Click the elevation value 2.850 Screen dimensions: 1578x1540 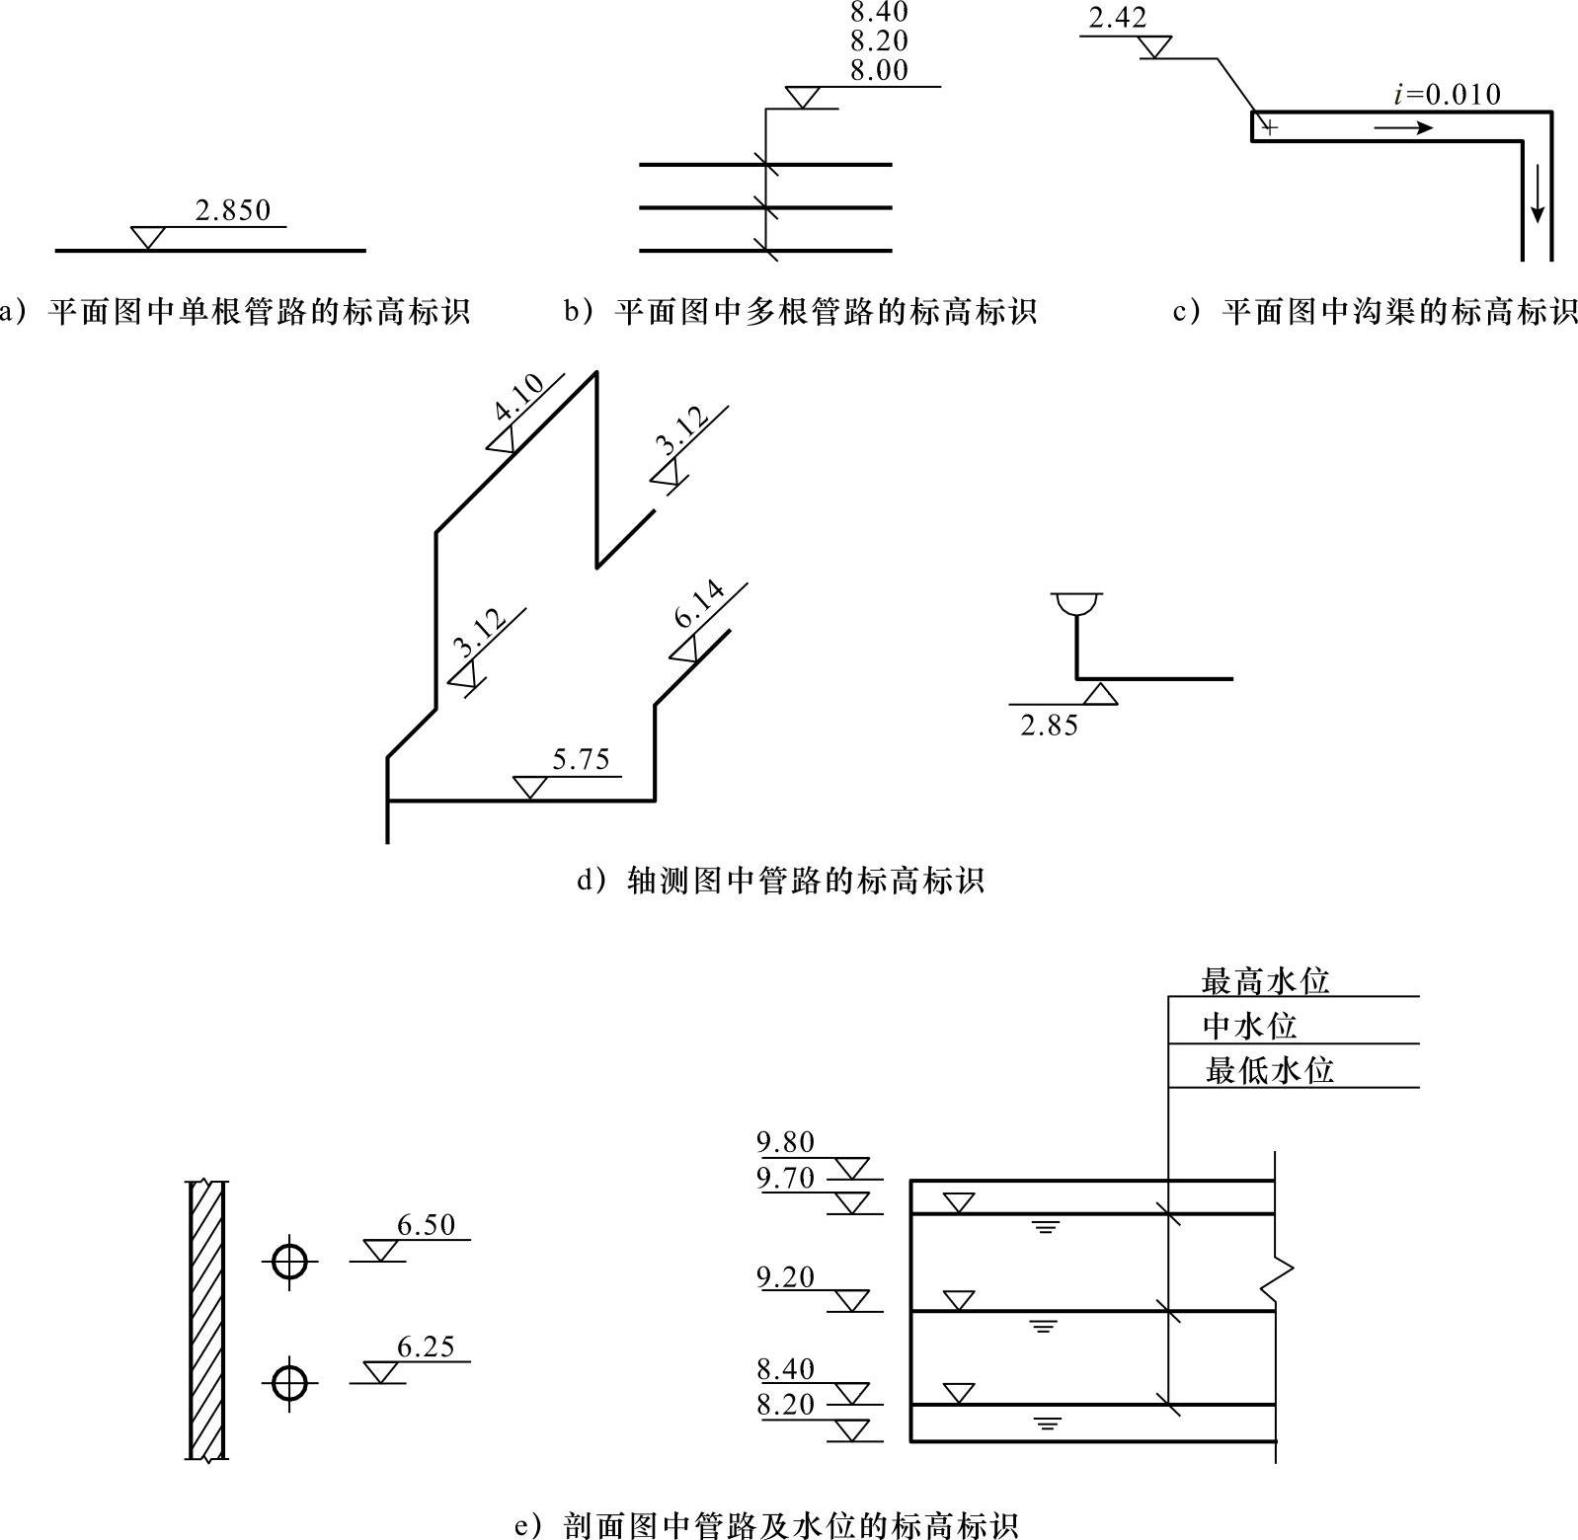point(232,210)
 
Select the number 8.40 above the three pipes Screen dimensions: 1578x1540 point(878,13)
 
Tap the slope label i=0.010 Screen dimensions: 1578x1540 point(1446,95)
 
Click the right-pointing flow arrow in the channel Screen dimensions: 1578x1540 point(1402,127)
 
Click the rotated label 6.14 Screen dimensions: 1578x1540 point(700,605)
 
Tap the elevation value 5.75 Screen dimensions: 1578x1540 point(581,759)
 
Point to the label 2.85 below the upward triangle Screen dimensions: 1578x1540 point(1049,727)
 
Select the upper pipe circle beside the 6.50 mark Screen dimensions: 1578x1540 point(289,1261)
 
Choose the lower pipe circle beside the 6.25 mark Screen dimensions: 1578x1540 point(289,1383)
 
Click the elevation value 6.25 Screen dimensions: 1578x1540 point(426,1347)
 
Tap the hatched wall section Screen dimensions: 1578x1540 point(207,1319)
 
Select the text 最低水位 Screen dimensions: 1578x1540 point(1269,1070)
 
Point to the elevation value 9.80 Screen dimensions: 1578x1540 point(786,1142)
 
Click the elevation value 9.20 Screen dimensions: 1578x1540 point(786,1277)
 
